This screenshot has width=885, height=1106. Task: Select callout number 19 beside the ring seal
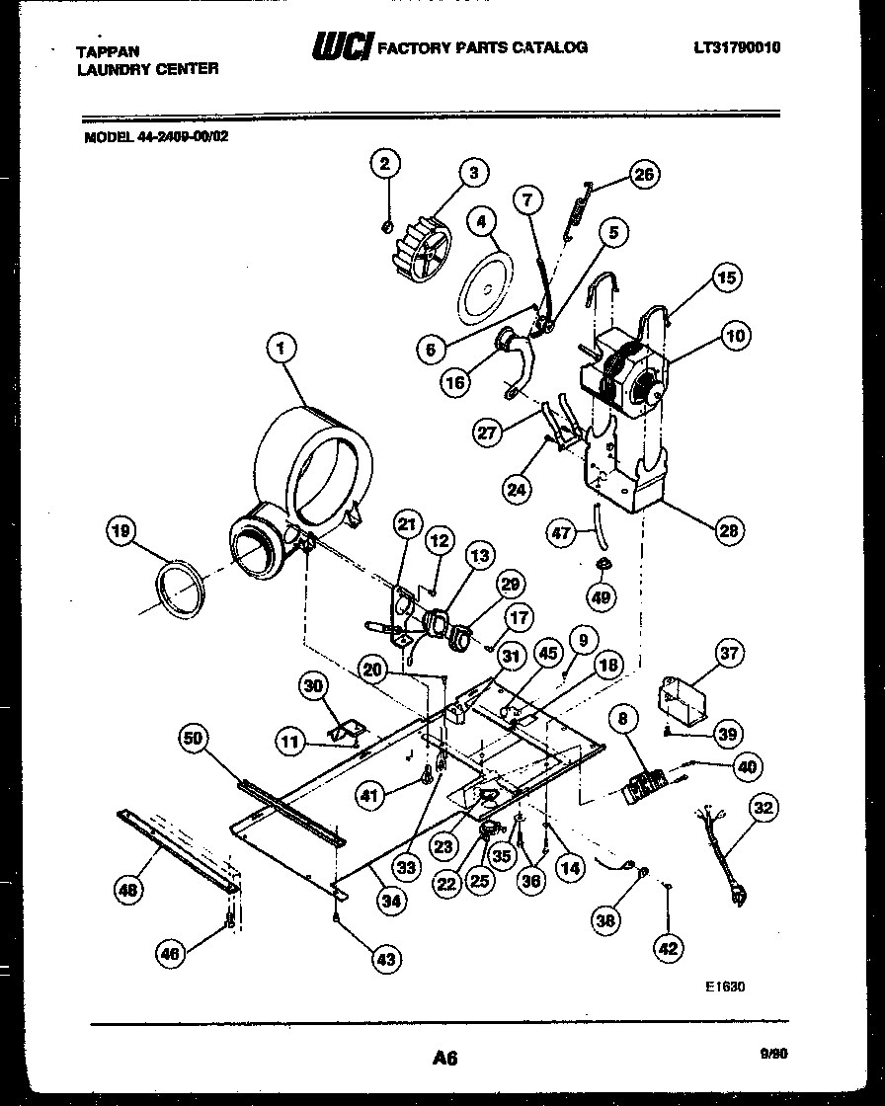coord(120,532)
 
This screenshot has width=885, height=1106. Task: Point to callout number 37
coord(730,653)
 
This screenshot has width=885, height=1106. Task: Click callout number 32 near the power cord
coord(764,808)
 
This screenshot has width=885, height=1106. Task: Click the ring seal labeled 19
coord(181,591)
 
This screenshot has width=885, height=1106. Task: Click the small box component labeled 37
coord(684,700)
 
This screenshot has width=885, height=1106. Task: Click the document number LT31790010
coord(736,46)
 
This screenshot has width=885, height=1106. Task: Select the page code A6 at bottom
coord(444,1058)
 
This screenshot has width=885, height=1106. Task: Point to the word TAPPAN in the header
coord(108,51)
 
